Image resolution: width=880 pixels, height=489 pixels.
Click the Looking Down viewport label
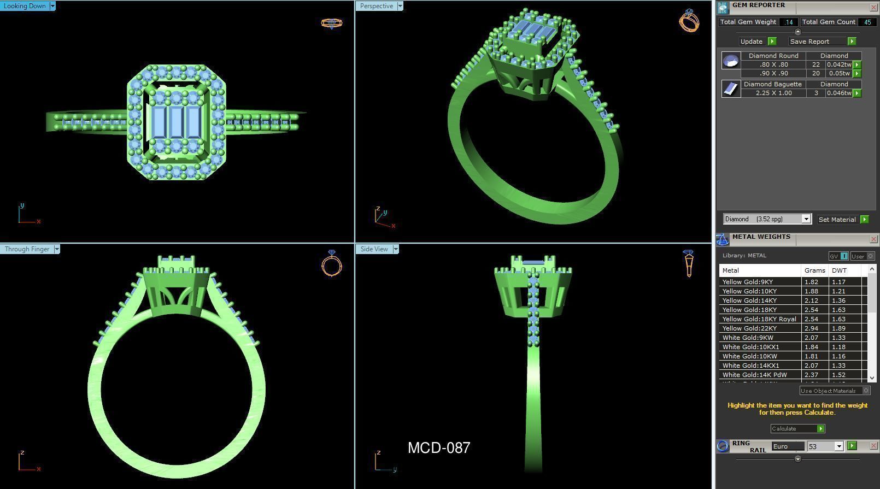[x=25, y=6]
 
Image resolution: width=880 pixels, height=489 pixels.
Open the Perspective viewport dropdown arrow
[x=400, y=6]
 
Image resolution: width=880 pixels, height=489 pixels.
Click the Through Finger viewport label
[x=27, y=249]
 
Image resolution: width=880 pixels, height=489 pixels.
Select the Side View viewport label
[x=374, y=249]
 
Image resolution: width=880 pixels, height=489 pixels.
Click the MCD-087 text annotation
[x=439, y=448]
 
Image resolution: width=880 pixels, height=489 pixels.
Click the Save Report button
[x=809, y=42]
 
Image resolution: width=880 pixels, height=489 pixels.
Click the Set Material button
[x=837, y=220]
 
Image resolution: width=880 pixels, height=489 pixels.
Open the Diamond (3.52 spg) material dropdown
[x=806, y=219]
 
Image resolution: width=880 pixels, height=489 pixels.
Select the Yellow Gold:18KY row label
[x=749, y=310]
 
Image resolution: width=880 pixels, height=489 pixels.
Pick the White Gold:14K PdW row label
[x=754, y=375]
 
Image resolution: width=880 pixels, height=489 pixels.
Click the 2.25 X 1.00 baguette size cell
[x=773, y=93]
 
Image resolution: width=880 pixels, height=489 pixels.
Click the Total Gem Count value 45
[x=867, y=22]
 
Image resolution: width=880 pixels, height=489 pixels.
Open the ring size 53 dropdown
[x=838, y=446]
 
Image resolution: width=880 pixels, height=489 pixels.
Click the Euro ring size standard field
[x=787, y=446]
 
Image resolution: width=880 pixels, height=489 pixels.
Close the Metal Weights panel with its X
[x=873, y=239]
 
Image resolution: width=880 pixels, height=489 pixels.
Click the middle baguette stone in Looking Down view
[x=176, y=121]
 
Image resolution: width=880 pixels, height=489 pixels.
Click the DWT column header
[x=839, y=270]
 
